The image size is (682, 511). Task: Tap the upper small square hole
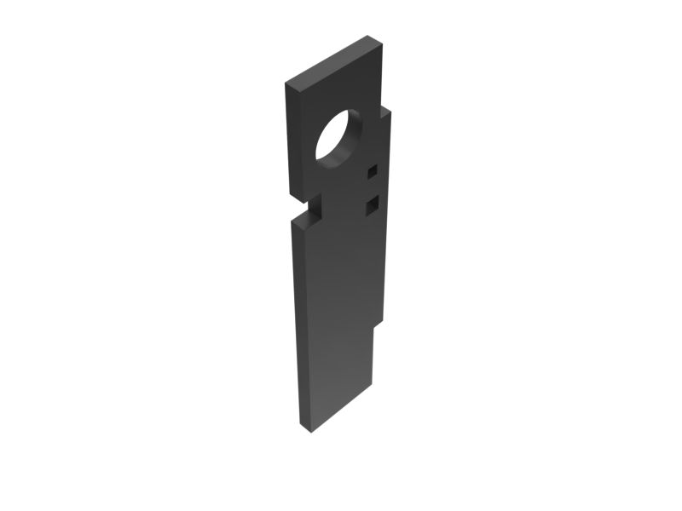pyautogui.click(x=372, y=172)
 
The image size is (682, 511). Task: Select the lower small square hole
pyautogui.click(x=372, y=205)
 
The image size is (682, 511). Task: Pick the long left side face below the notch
pyautogui.click(x=299, y=324)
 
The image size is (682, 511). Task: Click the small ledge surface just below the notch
pyautogui.click(x=307, y=221)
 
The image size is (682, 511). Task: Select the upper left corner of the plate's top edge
pyautogui.click(x=286, y=84)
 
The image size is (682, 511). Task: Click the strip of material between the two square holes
pyautogui.click(x=372, y=188)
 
